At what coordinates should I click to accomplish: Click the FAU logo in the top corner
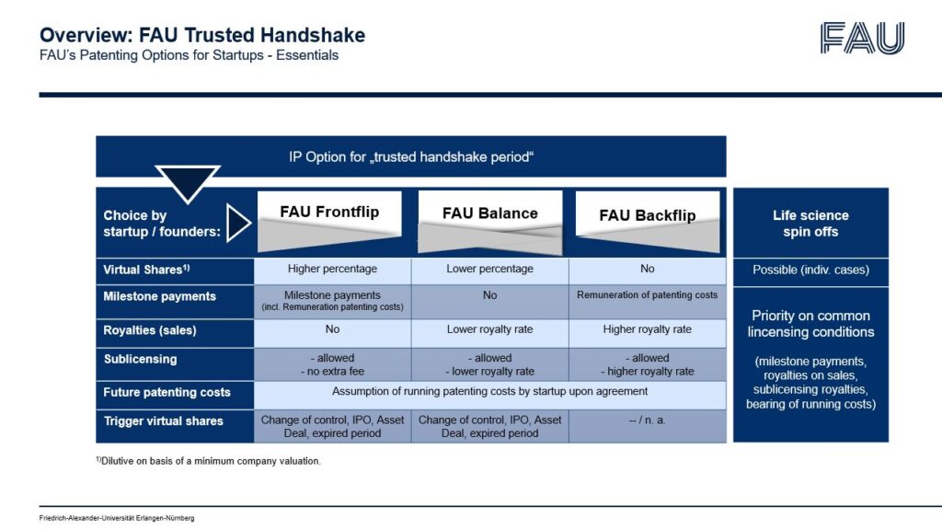point(862,38)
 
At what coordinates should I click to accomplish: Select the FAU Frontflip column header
point(329,213)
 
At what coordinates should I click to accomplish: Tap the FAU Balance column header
point(489,213)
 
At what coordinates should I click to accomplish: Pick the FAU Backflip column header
point(648,215)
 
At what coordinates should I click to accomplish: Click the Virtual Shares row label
point(147,270)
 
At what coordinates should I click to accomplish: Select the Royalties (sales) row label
point(150,329)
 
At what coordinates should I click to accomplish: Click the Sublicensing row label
point(140,359)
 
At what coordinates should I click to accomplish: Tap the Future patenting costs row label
point(167,392)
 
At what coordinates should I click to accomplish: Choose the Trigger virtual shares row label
point(164,421)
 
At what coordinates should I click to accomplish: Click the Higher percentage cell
point(332,270)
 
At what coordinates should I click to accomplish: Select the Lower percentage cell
point(489,270)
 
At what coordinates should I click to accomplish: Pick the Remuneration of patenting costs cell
point(648,295)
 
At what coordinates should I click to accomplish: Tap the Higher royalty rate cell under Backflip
point(648,329)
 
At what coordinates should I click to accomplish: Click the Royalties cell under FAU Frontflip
point(332,329)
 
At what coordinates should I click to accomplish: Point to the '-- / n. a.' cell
point(648,421)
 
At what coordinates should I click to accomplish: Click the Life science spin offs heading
point(810,224)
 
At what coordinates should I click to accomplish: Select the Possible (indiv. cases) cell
point(810,270)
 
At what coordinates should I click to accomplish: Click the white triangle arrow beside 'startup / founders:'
point(237,224)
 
